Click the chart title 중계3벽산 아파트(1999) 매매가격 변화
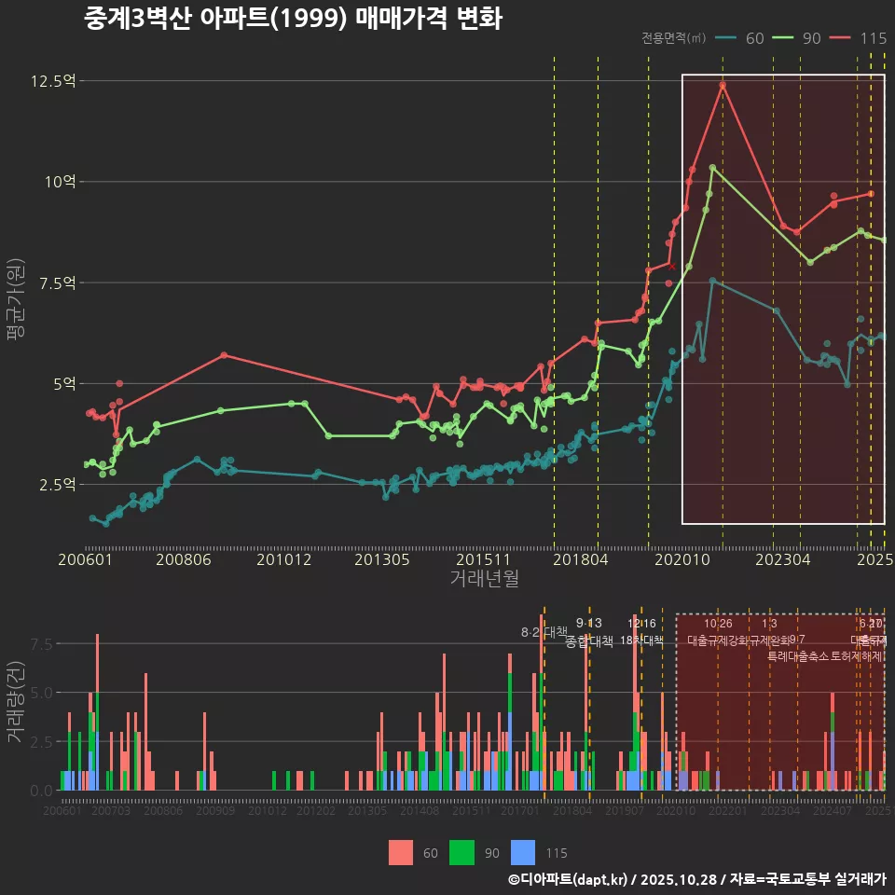pyautogui.click(x=293, y=19)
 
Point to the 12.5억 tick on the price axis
pyautogui.click(x=52, y=81)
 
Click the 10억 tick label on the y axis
pyautogui.click(x=58, y=182)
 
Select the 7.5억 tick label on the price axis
pyautogui.click(x=55, y=282)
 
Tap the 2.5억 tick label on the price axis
pyautogui.click(x=55, y=484)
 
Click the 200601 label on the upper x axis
pyautogui.click(x=85, y=559)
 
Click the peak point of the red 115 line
pyautogui.click(x=723, y=86)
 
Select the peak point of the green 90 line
pyautogui.click(x=712, y=168)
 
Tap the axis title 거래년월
pyautogui.click(x=484, y=579)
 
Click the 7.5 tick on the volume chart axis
pyautogui.click(x=42, y=644)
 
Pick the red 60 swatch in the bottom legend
pyautogui.click(x=401, y=852)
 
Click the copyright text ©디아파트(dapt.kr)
pyautogui.click(x=568, y=879)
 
